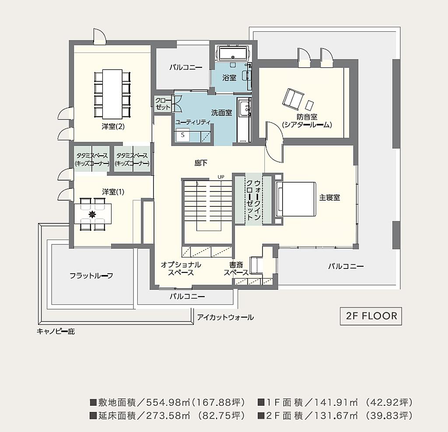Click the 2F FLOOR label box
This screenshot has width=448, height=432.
pyautogui.click(x=371, y=316)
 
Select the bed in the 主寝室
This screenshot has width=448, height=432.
pyautogui.click(x=296, y=199)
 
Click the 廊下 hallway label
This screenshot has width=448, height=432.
pyautogui.click(x=201, y=163)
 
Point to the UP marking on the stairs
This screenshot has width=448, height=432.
pyautogui.click(x=221, y=177)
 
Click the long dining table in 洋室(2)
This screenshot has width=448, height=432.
pyautogui.click(x=112, y=94)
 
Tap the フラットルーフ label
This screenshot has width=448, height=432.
pyautogui.click(x=91, y=276)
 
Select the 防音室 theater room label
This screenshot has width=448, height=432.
pyautogui.click(x=307, y=121)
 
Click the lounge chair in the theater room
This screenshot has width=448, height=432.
pyautogui.click(x=293, y=99)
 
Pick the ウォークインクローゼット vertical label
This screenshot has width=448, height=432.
pyautogui.click(x=253, y=199)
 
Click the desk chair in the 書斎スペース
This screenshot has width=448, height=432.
pyautogui.click(x=256, y=265)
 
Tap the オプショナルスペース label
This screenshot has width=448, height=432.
pyautogui.click(x=181, y=268)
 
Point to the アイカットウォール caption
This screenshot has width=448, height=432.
pyautogui.click(x=225, y=317)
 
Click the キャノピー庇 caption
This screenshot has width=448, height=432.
pyautogui.click(x=56, y=331)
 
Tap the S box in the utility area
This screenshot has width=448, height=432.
pyautogui.click(x=182, y=135)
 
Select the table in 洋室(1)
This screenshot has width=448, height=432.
pyautogui.click(x=93, y=214)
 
